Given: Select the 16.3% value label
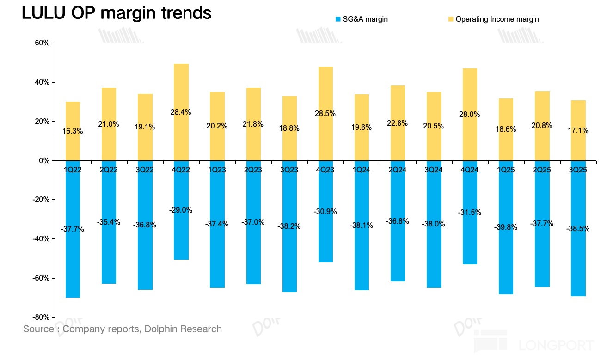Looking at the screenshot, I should tap(73, 131).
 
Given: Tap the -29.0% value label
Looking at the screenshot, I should tap(181, 210).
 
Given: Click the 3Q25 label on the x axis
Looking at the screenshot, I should tap(577, 170).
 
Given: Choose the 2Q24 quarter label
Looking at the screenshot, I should tap(397, 170).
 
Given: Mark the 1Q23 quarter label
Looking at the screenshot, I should tap(217, 170).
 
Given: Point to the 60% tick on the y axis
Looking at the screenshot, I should tap(42, 43).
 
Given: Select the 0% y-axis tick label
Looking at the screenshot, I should tap(44, 161).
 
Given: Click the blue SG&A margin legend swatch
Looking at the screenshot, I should tap(338, 19).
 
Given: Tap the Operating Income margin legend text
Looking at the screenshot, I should tap(497, 19).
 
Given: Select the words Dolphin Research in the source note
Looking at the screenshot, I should tap(183, 329).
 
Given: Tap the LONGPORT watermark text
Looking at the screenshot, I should tap(556, 345).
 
